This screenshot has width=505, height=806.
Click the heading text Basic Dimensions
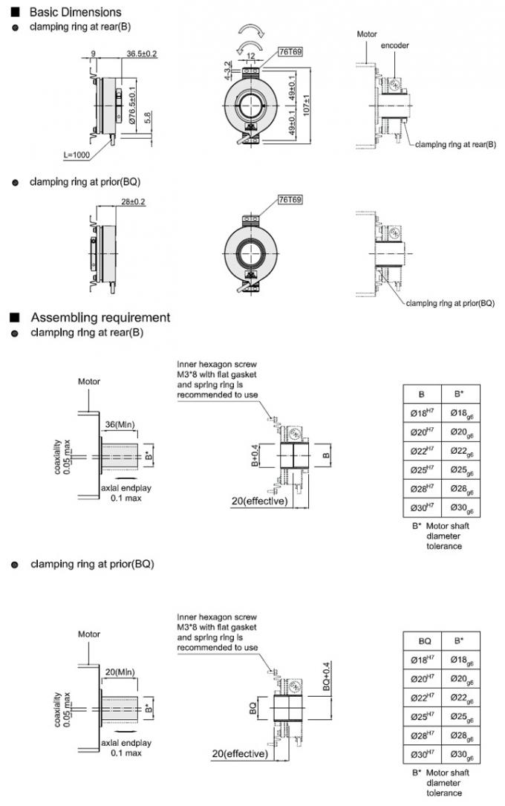tap(74, 13)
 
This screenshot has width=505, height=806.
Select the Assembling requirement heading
tap(100, 317)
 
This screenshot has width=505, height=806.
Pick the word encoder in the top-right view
tap(395, 45)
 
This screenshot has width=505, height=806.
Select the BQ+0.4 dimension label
tap(326, 676)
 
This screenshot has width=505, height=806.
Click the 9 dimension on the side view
tap(93, 54)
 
